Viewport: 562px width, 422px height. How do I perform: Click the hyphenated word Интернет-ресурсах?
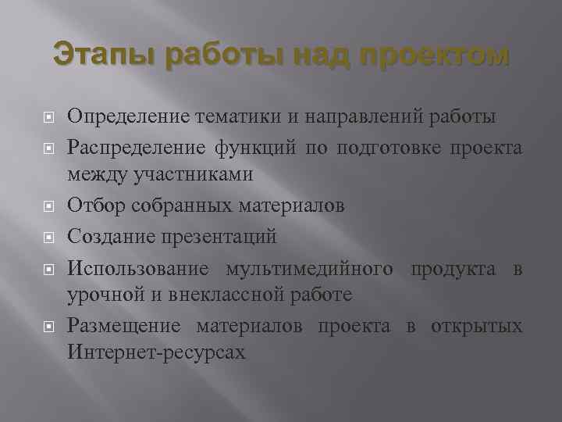[157, 352]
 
